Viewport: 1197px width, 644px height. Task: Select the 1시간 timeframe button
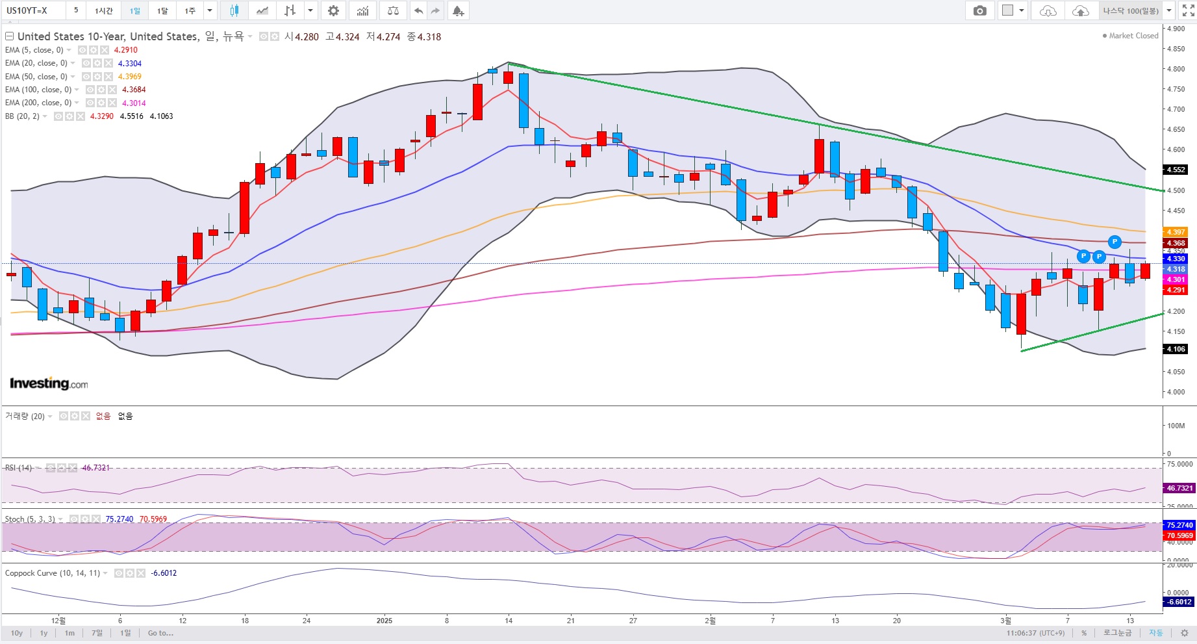(104, 10)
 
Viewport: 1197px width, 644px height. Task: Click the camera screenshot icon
(980, 10)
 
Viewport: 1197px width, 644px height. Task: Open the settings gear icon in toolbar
(333, 10)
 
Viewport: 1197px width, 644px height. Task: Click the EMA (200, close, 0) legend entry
(38, 103)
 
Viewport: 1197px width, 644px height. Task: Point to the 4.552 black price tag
(1176, 170)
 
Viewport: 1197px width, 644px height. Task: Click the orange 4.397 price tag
(1176, 232)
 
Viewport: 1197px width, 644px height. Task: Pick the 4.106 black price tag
(1176, 349)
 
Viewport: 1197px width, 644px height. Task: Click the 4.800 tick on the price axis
(1176, 69)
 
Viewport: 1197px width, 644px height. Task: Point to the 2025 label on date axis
(384, 621)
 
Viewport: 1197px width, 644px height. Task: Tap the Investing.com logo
(49, 383)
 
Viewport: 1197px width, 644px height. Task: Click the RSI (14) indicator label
(18, 467)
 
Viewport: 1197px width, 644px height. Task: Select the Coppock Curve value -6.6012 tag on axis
(1179, 602)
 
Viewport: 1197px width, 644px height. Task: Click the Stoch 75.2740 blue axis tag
(1179, 525)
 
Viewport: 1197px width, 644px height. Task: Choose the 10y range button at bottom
(17, 633)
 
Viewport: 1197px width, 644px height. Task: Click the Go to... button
(160, 633)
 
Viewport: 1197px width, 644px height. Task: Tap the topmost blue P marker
(1115, 242)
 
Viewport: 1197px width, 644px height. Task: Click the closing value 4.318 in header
(429, 37)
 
